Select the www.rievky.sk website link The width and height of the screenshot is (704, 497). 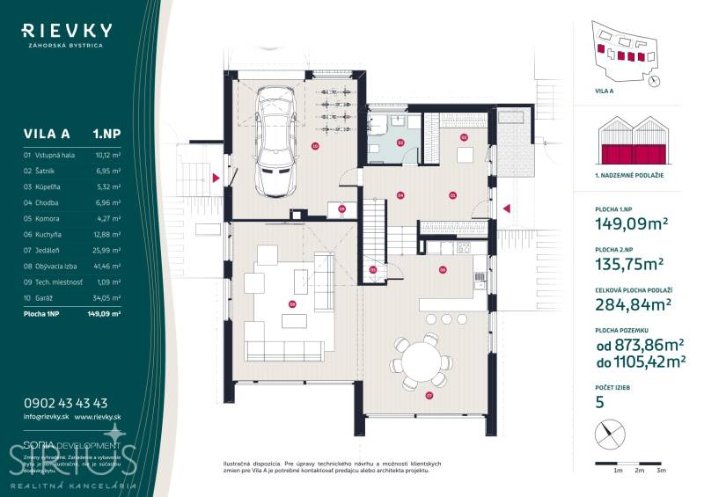point(98,417)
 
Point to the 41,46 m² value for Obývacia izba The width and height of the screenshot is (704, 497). point(106,265)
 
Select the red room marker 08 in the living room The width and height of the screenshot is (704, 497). point(292,304)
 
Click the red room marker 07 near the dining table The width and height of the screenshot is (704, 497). point(429,396)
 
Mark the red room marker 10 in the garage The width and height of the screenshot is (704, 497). point(315,147)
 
